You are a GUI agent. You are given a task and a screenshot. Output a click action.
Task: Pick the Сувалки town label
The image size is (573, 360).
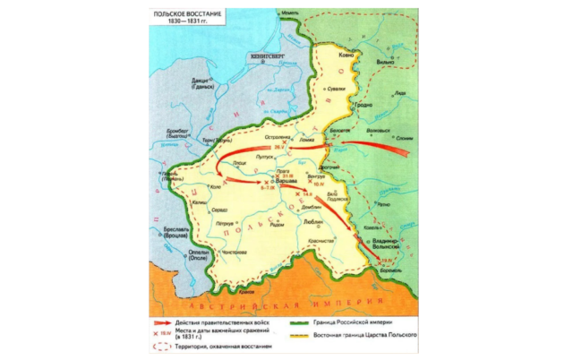(x=335, y=90)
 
